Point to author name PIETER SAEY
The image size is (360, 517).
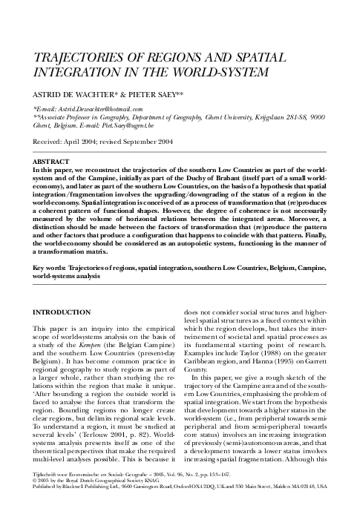coord(151,96)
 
